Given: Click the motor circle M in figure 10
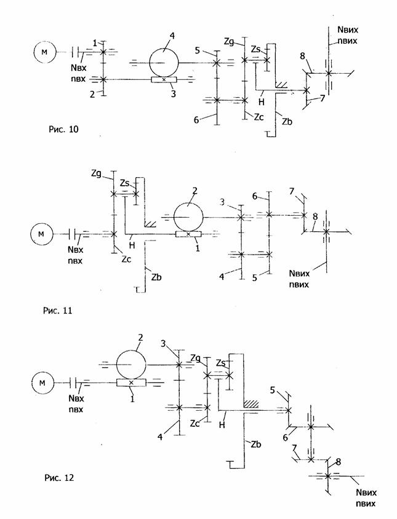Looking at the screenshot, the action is coord(44,52).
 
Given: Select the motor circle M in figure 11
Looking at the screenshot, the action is coord(41,234).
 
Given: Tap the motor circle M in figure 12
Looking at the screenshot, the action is coord(42,382).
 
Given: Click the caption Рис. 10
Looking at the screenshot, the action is coord(63,129).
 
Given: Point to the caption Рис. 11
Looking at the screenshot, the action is coord(57,311).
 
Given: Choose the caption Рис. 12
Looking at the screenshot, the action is coord(59,478).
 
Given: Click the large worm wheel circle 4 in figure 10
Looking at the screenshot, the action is coord(164,62).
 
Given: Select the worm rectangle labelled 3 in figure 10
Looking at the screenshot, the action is coord(164,79).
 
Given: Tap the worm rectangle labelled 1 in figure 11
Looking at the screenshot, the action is coord(188,234).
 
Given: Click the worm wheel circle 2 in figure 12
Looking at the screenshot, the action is coord(131,365).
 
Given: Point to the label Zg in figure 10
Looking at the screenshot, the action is coord(228,41).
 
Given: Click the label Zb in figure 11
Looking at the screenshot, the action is coord(156,277).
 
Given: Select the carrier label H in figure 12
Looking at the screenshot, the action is coord(222,425).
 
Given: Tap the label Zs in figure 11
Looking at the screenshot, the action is coord(124,183).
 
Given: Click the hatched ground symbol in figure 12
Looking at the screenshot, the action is coord(251,404).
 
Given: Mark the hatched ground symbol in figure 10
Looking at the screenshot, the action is coord(282,85).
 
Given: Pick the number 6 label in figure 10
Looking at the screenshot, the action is coord(196,120).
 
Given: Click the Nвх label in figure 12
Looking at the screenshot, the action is coord(76,398).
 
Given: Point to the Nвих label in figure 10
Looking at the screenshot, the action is coord(348,30).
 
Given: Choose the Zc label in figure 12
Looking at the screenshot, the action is coord(195,423).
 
